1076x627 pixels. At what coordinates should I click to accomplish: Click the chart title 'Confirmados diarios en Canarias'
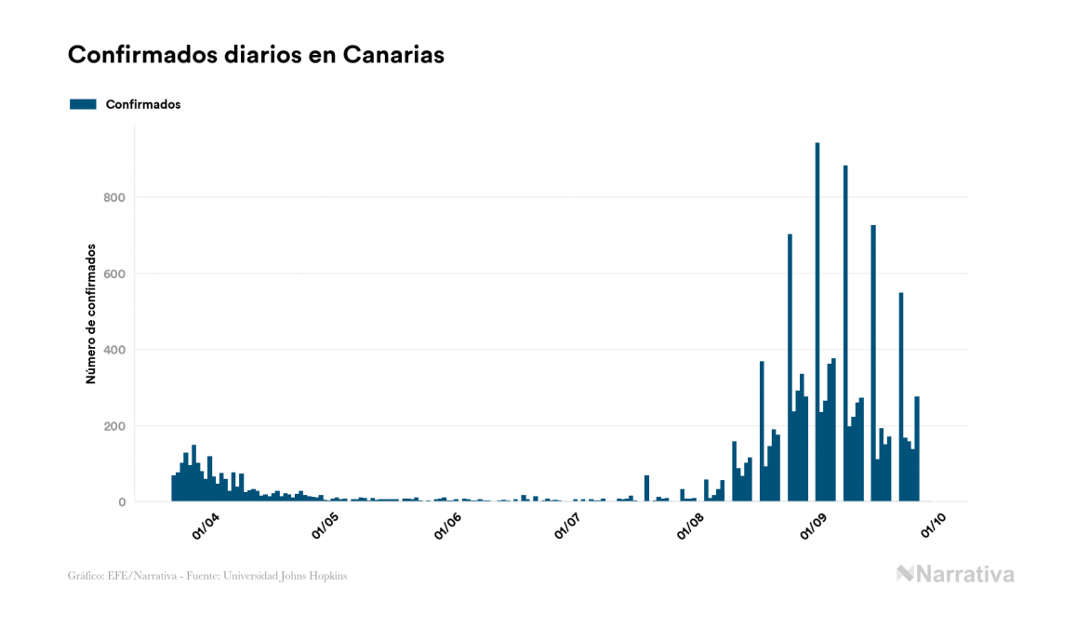tap(256, 55)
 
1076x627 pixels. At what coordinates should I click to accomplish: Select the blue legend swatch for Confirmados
tap(83, 104)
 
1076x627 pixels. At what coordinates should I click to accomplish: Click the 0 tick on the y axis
tap(122, 502)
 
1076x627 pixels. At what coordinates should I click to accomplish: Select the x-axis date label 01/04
tap(206, 526)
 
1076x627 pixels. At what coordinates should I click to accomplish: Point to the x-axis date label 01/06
tap(448, 526)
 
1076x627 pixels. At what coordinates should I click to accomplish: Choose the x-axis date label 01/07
tap(569, 526)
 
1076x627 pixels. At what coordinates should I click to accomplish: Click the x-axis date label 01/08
tap(691, 526)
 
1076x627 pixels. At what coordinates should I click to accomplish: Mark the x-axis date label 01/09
tap(814, 526)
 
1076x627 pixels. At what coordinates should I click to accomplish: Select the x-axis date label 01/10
tap(935, 526)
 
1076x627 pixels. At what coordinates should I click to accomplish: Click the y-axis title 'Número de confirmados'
tap(91, 313)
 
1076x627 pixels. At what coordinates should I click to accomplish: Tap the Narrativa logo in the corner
tap(955, 574)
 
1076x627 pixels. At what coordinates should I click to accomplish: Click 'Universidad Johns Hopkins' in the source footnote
tap(292, 576)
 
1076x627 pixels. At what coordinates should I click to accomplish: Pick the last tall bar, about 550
tap(901, 400)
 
